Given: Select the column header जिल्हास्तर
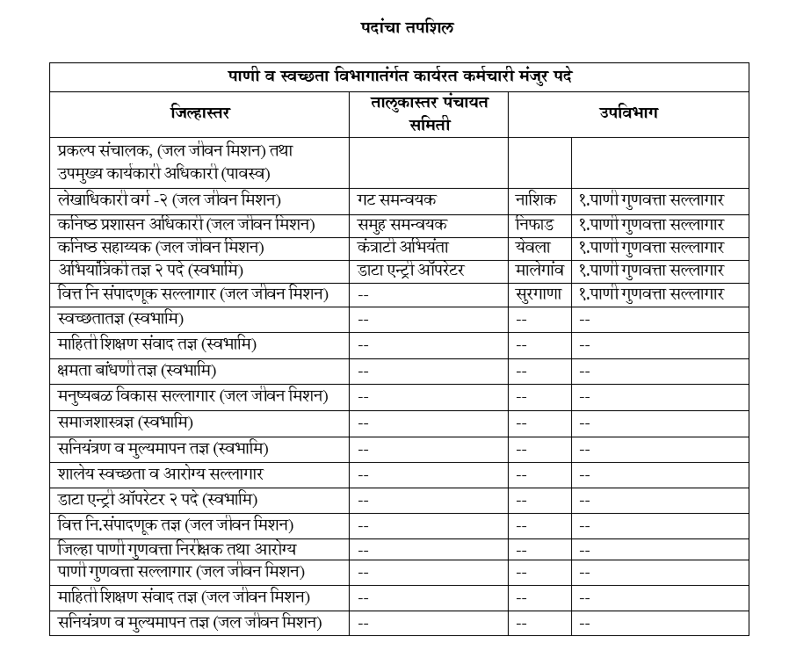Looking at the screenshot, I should tap(200, 112).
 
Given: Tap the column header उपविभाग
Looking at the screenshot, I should tap(628, 112).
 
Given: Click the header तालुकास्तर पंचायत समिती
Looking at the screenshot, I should tap(429, 113).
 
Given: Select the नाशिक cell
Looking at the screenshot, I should tap(536, 200).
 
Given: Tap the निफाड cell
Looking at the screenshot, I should tap(536, 224).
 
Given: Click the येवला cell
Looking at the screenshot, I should tap(533, 248).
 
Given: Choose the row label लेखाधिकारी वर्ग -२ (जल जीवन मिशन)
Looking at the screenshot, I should tap(180, 200).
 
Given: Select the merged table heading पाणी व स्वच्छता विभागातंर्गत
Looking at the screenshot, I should tap(400, 76).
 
